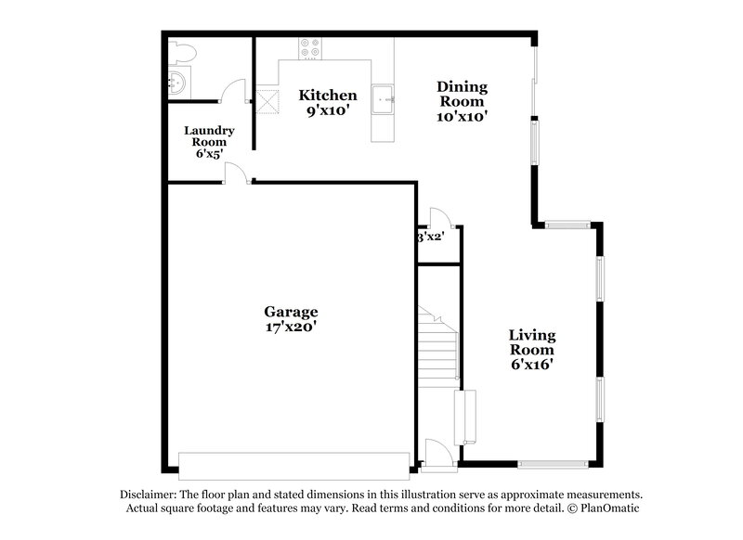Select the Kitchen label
pos(327,95)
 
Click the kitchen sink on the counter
pos(383,96)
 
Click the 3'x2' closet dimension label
pos(430,238)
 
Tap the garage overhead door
pos(293,465)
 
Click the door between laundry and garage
pos(236,174)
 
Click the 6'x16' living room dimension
pos(531,366)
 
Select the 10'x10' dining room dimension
pos(462,117)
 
